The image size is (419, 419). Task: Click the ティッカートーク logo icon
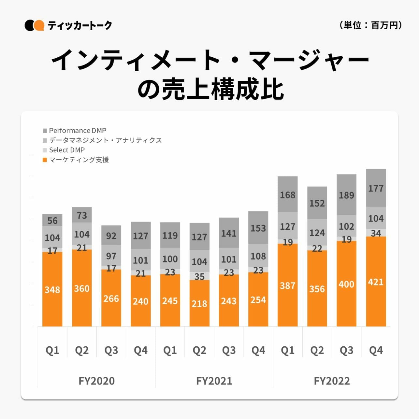coord(34,25)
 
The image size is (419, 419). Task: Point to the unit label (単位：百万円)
coord(370,25)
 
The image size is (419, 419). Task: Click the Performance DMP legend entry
coord(75,131)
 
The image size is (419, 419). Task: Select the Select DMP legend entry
coord(64,150)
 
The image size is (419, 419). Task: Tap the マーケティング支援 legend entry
coord(76,160)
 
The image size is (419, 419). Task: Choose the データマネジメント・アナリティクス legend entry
coord(102,140)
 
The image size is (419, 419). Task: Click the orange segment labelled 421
coord(376,282)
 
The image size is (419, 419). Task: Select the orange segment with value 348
coord(52,289)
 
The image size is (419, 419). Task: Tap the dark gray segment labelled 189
coord(346,195)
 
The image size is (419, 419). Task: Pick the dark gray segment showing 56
coord(52,220)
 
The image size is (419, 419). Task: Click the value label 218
coord(199,304)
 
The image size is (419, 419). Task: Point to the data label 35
coord(199,276)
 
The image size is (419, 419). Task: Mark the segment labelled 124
coord(317,232)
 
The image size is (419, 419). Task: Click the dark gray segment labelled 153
coord(258,228)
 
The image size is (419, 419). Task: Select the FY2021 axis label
coord(214,381)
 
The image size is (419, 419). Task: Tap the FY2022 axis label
coord(332,381)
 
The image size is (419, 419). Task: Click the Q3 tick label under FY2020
coord(111,350)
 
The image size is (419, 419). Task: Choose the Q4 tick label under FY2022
coord(376,350)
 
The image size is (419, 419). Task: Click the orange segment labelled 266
coord(111,298)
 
